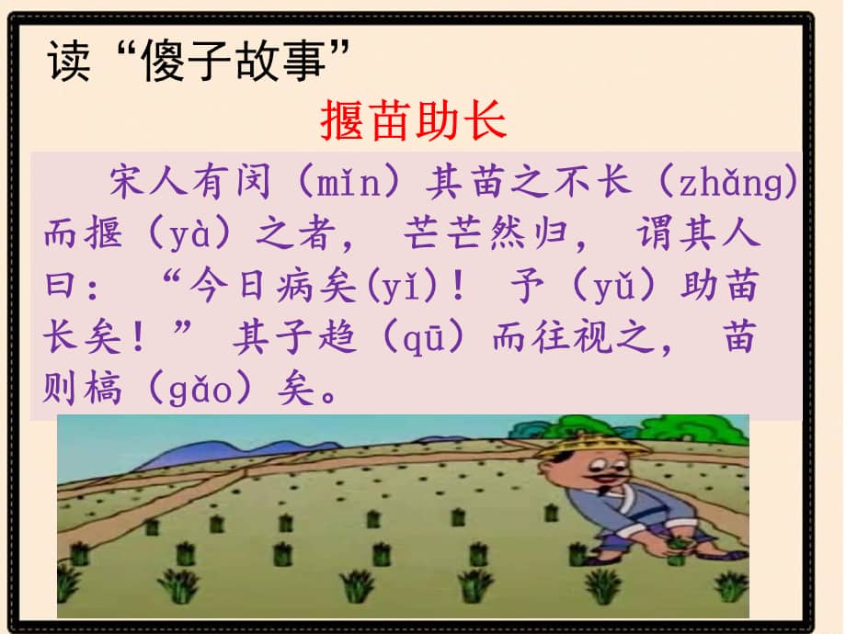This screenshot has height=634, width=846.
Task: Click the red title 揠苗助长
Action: pyautogui.click(x=413, y=119)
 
